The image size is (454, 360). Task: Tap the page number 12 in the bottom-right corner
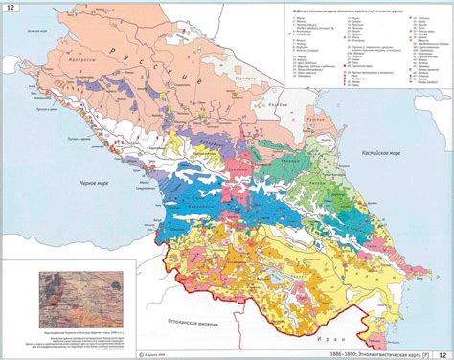click(443, 353)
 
